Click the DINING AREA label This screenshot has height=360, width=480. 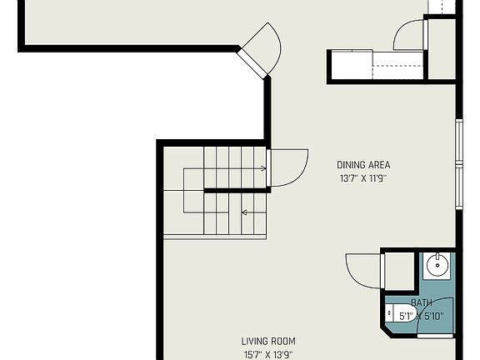pos(363,165)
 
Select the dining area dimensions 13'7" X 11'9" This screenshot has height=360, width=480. pos(363,177)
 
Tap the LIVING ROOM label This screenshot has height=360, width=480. pos(268,341)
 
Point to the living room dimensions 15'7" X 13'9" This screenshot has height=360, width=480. pos(268,353)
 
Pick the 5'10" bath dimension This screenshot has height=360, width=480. pos(433,316)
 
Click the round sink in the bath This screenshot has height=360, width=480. pos(437,267)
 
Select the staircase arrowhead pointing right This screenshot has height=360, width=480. pos(263,168)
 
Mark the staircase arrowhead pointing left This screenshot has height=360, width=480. pos(244,212)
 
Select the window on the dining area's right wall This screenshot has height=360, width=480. pos(457,165)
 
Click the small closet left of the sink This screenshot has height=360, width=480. pos(399,271)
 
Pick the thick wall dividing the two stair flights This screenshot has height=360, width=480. pos(237,191)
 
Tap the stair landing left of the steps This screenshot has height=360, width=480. pos(183,191)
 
